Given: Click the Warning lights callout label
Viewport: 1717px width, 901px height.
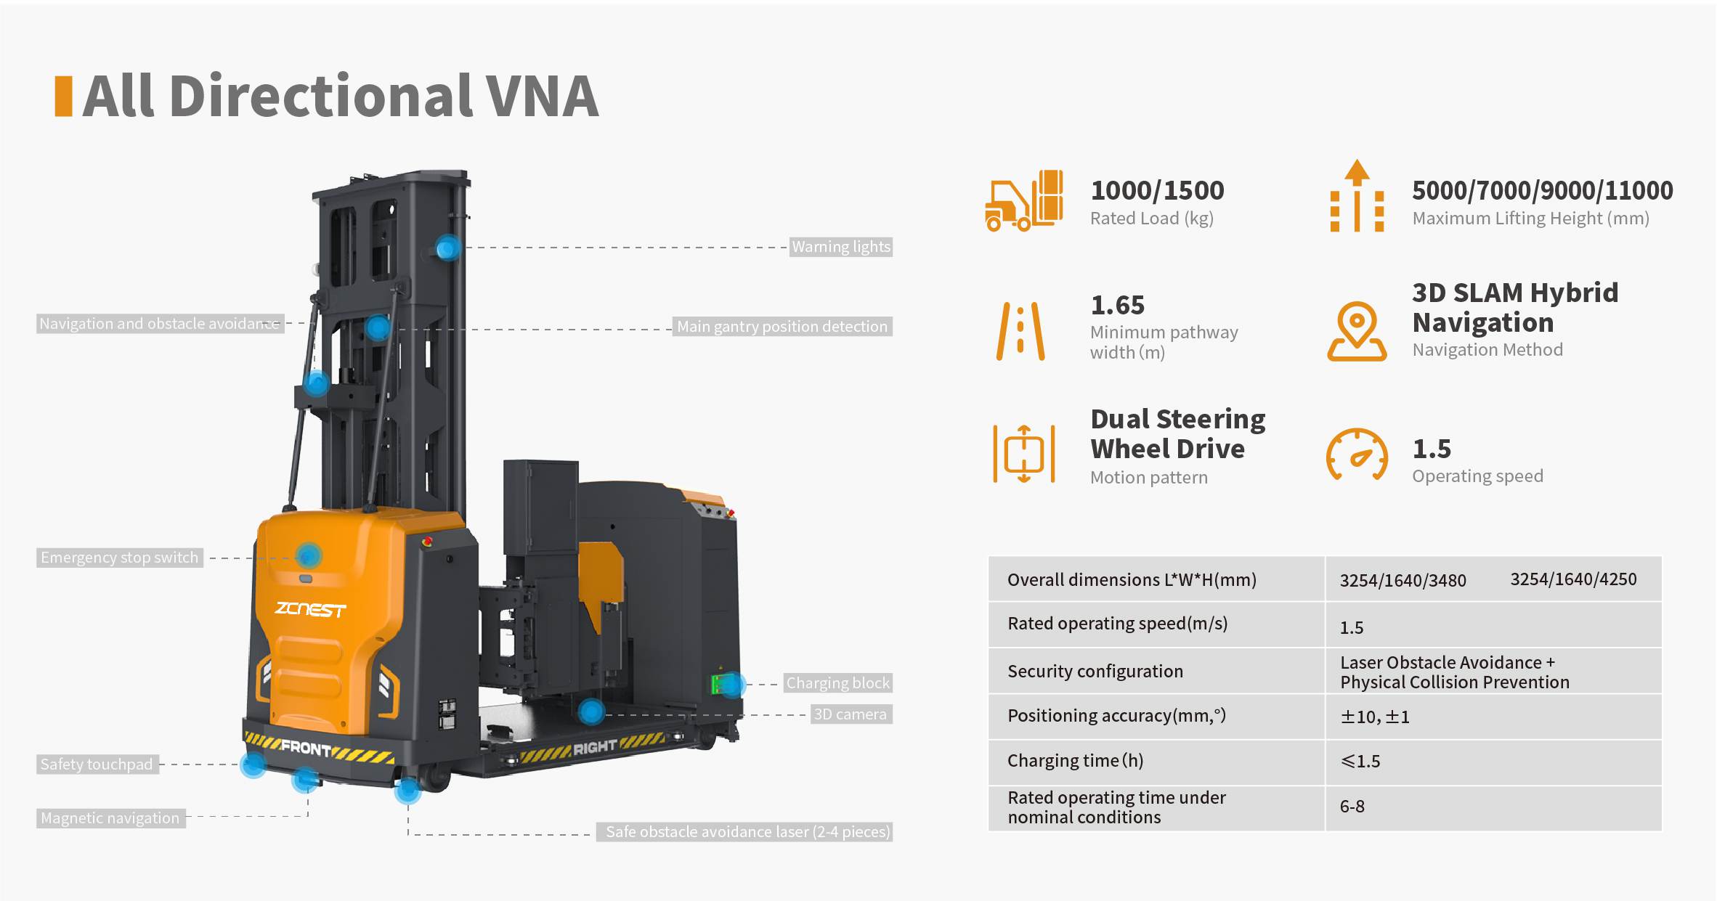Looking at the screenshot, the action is click(x=841, y=247).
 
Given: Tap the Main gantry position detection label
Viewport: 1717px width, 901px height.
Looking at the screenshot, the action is click(x=782, y=327).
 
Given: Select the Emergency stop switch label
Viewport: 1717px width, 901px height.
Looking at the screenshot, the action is click(x=120, y=558).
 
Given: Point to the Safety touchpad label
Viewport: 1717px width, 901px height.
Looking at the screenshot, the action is click(x=97, y=765).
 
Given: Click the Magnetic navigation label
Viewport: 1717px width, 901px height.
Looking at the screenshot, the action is click(x=110, y=818).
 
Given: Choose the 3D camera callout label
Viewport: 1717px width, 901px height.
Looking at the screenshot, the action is click(x=851, y=714).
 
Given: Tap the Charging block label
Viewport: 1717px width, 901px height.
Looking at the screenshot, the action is click(x=837, y=683).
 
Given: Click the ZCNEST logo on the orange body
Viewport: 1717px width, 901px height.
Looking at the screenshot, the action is click(x=310, y=609).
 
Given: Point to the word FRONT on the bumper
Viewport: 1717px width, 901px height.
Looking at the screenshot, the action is click(x=306, y=748).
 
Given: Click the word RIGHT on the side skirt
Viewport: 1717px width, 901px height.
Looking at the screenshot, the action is click(x=595, y=747).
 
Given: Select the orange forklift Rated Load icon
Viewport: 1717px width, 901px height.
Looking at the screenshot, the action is click(x=1024, y=201).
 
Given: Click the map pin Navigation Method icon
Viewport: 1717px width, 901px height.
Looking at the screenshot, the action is click(x=1357, y=331).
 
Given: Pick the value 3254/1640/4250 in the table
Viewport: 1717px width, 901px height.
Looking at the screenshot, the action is click(x=1573, y=579).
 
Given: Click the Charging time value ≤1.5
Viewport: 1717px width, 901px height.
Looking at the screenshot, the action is click(x=1360, y=762).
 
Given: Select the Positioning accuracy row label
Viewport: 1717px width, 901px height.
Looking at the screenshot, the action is click(x=1116, y=716).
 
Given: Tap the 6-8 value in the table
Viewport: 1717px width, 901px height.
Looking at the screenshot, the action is click(x=1352, y=807).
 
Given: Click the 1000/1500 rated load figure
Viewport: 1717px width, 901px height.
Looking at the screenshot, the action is click(x=1157, y=191).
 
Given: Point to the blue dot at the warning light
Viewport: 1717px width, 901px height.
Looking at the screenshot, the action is click(x=448, y=248).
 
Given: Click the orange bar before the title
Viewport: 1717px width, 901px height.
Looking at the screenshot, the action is click(x=64, y=96).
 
